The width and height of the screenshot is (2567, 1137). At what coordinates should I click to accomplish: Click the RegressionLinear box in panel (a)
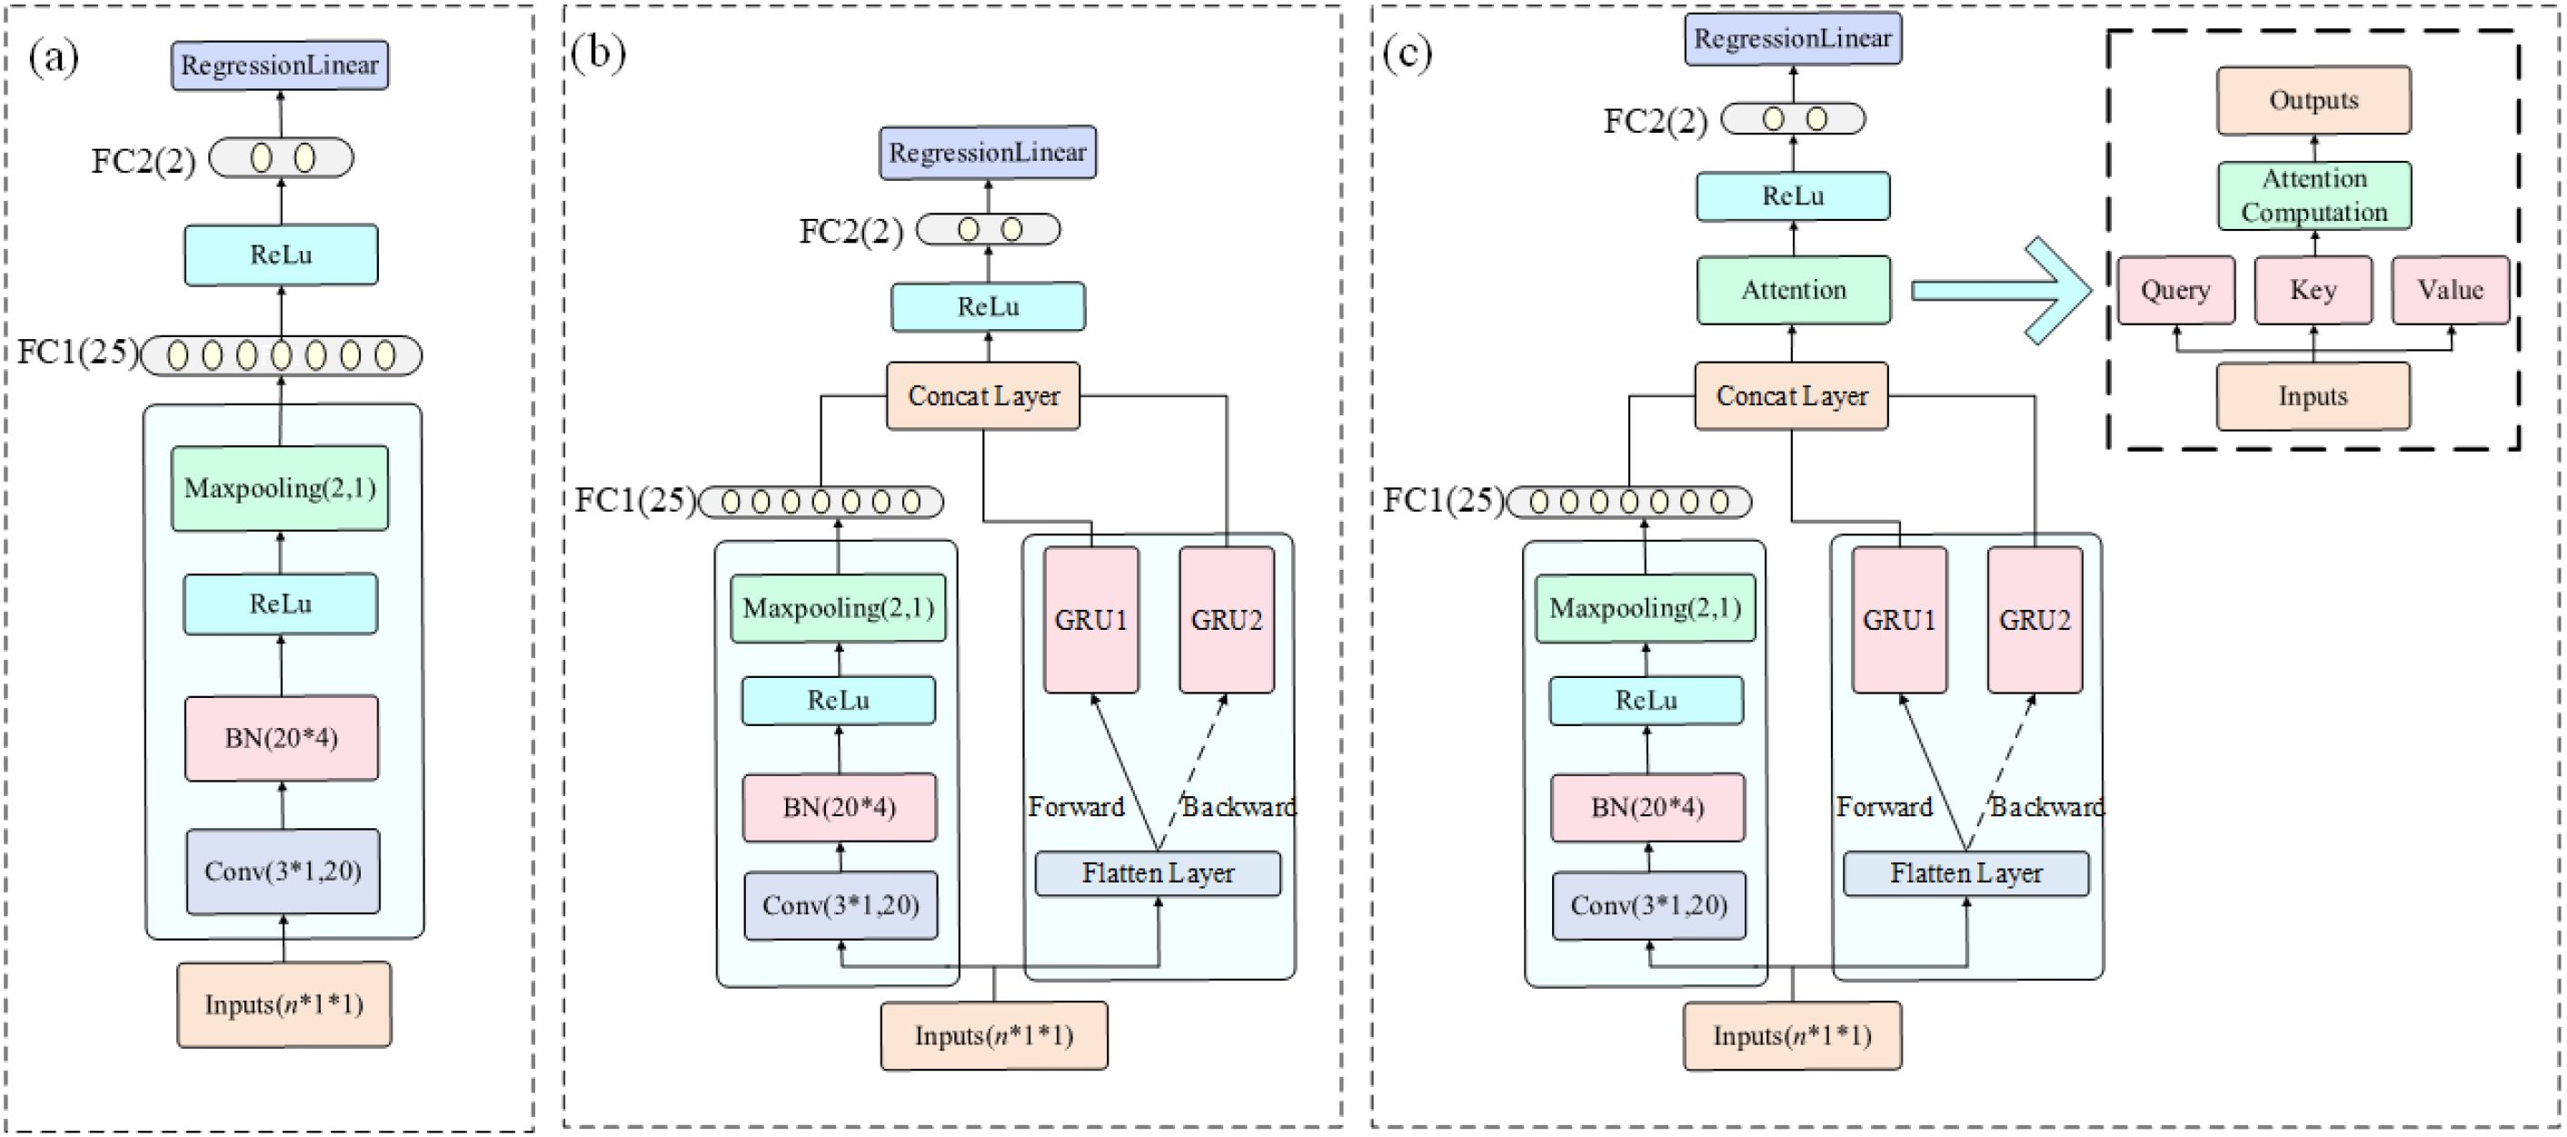click(x=279, y=65)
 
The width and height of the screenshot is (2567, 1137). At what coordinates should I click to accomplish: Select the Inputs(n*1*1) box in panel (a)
click(x=284, y=1004)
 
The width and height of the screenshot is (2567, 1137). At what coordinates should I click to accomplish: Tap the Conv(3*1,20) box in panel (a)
click(x=283, y=871)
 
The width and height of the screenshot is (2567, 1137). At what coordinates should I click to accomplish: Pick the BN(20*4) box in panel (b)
click(x=839, y=807)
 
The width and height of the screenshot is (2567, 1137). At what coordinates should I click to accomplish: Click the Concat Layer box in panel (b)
click(x=983, y=395)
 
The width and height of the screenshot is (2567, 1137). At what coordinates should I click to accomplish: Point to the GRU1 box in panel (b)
click(x=1091, y=620)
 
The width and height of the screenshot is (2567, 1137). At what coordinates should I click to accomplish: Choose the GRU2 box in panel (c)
click(x=2035, y=620)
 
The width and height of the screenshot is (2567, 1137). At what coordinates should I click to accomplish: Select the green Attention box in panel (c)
click(x=1794, y=290)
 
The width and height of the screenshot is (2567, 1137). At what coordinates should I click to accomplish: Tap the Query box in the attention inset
click(x=2175, y=290)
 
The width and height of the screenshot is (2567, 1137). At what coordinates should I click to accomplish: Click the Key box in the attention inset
click(x=2313, y=290)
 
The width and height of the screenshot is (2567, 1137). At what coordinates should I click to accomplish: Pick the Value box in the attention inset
click(x=2451, y=290)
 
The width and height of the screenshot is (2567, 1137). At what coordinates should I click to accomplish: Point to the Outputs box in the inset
click(x=2313, y=100)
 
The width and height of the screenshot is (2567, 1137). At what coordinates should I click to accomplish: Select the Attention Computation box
click(x=2313, y=195)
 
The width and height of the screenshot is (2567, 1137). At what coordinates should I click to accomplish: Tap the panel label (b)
click(x=598, y=52)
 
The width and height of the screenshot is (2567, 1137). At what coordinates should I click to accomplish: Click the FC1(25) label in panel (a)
click(x=78, y=352)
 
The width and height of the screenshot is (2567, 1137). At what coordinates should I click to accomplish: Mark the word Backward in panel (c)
click(x=2047, y=807)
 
